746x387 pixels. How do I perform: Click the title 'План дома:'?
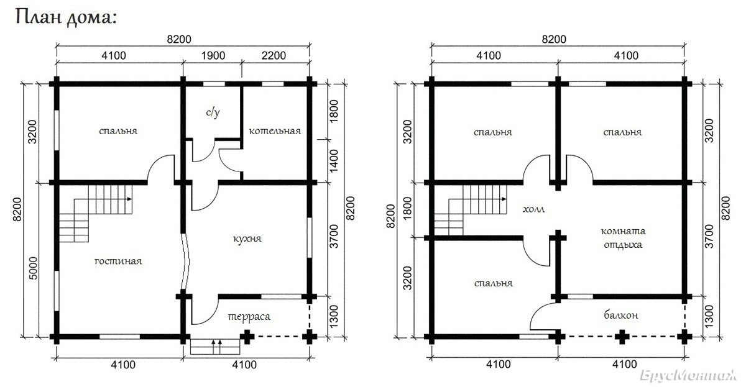[66, 17]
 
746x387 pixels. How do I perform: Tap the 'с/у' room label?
[213, 112]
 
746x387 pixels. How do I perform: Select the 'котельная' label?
[275, 131]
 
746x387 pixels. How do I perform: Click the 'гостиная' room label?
[118, 261]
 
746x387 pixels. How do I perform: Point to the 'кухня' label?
[247, 239]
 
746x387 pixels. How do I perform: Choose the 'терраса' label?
[249, 316]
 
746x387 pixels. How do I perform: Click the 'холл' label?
[533, 209]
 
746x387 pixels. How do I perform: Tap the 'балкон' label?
[621, 314]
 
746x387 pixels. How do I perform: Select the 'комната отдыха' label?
[623, 238]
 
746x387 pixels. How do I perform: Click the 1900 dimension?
[213, 55]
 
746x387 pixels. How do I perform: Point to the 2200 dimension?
[274, 55]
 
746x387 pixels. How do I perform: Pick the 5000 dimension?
[34, 268]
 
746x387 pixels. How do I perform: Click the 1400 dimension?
[333, 161]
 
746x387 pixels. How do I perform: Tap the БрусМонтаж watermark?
[688, 375]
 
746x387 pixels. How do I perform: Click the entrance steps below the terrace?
[215, 347]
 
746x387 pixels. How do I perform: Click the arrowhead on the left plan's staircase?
[129, 199]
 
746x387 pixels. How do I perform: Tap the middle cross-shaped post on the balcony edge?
[622, 337]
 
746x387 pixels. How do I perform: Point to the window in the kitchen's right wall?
[310, 237]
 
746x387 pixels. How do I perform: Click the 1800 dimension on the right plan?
[407, 208]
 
